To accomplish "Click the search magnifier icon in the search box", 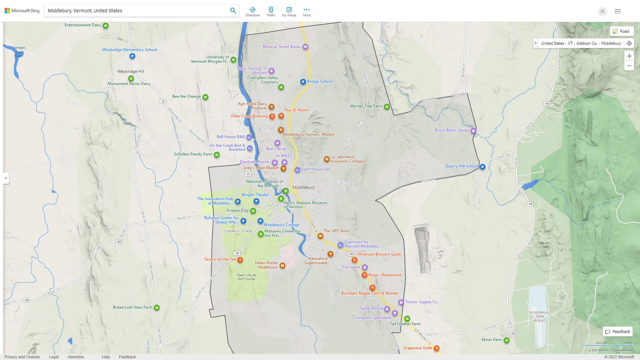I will coord(233,11).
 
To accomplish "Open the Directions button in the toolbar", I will coord(253,12).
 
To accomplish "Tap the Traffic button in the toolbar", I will coord(271,12).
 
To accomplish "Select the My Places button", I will coord(289,12).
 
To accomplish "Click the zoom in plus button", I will coord(629,56).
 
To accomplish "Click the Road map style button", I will coord(621,31).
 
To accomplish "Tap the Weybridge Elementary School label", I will coord(129,50).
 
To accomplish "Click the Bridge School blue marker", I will coord(303,82).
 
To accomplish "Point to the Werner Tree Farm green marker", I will coord(387,107).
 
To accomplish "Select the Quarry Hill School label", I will coord(461,166).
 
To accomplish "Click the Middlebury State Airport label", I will coord(539,316).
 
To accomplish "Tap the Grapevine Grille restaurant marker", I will coord(436,348).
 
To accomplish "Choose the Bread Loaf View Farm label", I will coord(132,307).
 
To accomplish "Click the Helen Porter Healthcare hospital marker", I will coord(282,266).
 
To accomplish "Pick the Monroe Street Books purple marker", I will coord(305,47).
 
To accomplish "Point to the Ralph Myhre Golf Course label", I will coord(246,277).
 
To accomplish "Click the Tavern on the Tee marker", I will coord(240,260).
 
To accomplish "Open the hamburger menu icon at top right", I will coord(618,11).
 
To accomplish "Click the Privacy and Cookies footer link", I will coord(22,357).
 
